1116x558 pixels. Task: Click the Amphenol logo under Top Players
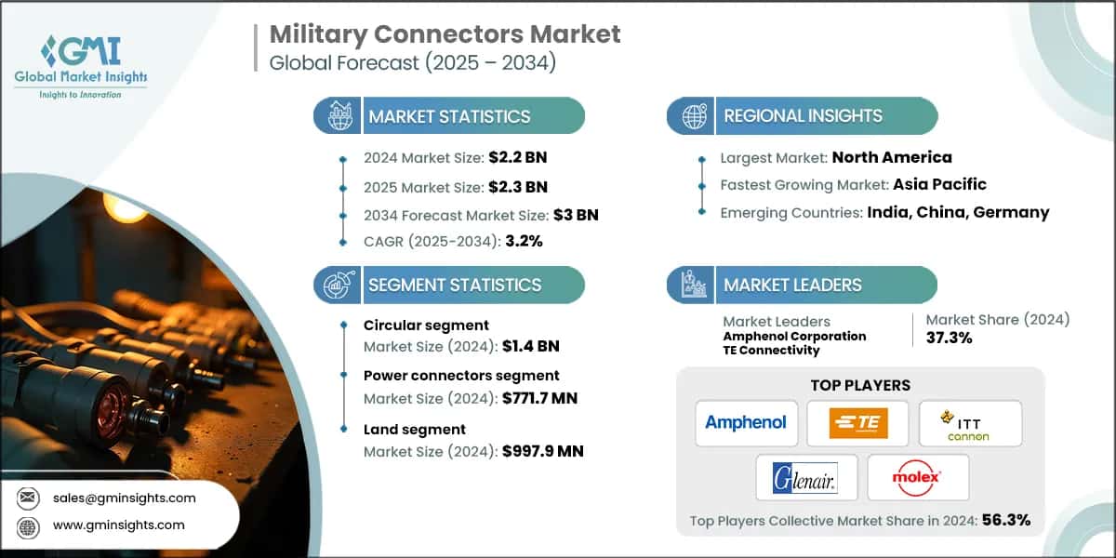pyautogui.click(x=745, y=423)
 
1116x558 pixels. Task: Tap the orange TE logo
pyautogui.click(x=857, y=423)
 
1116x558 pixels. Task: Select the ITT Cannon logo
pyautogui.click(x=969, y=423)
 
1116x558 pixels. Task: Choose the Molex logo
pyautogui.click(x=917, y=477)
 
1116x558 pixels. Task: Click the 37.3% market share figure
pyautogui.click(x=949, y=338)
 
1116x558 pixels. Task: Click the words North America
pyautogui.click(x=891, y=157)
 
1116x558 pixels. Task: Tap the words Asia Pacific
pyautogui.click(x=939, y=184)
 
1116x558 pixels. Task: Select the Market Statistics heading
pyautogui.click(x=449, y=116)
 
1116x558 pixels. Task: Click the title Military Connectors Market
pyautogui.click(x=445, y=34)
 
